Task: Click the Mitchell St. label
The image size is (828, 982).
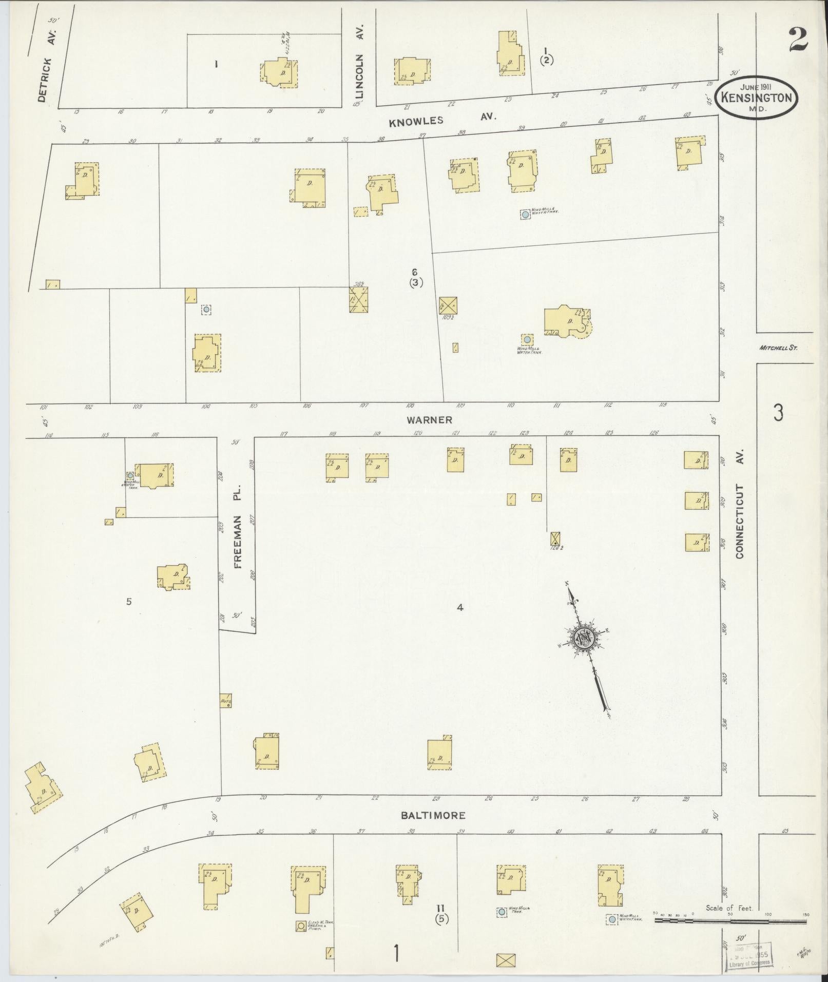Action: point(778,348)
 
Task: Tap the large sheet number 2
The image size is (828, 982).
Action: point(798,40)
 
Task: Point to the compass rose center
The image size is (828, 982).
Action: point(584,638)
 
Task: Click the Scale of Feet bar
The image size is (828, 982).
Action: point(729,921)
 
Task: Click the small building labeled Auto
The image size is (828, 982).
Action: point(225,701)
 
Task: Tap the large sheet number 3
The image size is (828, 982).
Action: point(778,412)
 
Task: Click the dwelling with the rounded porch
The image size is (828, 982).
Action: point(567,322)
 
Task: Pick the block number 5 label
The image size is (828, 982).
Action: point(129,601)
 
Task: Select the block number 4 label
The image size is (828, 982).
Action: point(460,607)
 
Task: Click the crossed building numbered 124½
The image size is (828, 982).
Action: point(554,538)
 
